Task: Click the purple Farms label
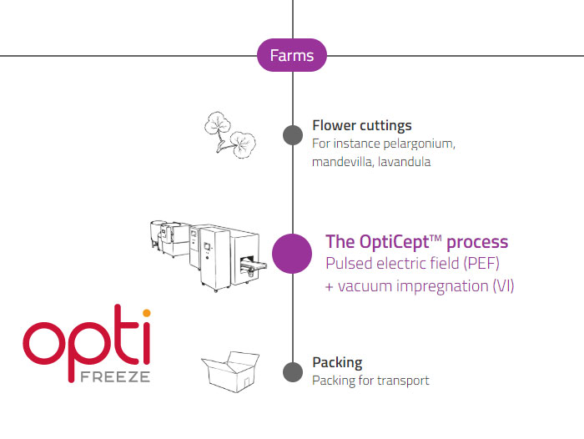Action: coord(292,56)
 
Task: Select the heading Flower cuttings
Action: coord(361,126)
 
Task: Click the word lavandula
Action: coord(405,162)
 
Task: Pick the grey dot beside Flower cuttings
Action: coord(292,134)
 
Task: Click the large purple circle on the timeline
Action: coord(292,253)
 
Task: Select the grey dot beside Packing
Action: coord(292,371)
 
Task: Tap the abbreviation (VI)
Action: coord(502,286)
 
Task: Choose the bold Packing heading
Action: coord(337,363)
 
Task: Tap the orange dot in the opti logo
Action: coord(146,313)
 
